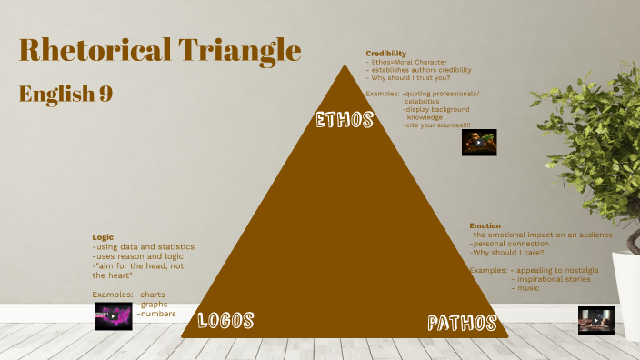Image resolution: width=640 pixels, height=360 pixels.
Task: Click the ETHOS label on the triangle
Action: [345, 120]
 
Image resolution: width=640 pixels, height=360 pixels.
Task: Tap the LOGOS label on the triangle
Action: [225, 319]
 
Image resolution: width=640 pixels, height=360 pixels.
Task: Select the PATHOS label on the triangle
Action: [462, 323]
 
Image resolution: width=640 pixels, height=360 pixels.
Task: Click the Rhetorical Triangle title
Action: [160, 50]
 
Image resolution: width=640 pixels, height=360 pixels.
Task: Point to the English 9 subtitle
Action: [65, 94]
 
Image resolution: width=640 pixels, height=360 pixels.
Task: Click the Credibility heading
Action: [385, 54]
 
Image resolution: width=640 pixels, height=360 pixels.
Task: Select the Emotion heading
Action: [485, 225]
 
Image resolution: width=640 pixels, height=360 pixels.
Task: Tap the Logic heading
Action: [103, 237]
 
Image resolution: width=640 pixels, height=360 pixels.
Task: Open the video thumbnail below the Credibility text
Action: [478, 142]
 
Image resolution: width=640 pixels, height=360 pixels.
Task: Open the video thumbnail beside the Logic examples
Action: [113, 315]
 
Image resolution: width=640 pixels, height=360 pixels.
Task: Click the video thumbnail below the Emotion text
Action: [596, 319]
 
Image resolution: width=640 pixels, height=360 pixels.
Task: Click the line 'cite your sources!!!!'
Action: [437, 125]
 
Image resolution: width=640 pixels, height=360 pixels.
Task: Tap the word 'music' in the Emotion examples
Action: [528, 288]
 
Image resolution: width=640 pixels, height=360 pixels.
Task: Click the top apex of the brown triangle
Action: [345, 67]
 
